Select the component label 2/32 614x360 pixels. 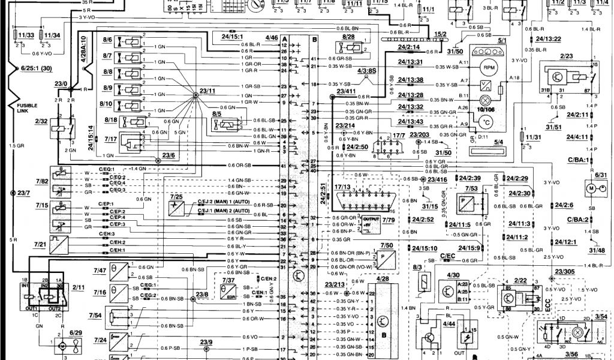click(41, 121)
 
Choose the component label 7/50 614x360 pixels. click(387, 245)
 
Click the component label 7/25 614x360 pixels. click(176, 197)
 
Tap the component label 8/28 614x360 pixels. click(349, 37)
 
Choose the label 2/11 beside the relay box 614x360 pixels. click(78, 289)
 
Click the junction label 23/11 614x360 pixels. click(207, 91)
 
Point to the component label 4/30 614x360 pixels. click(453, 275)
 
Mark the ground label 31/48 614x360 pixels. click(597, 251)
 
